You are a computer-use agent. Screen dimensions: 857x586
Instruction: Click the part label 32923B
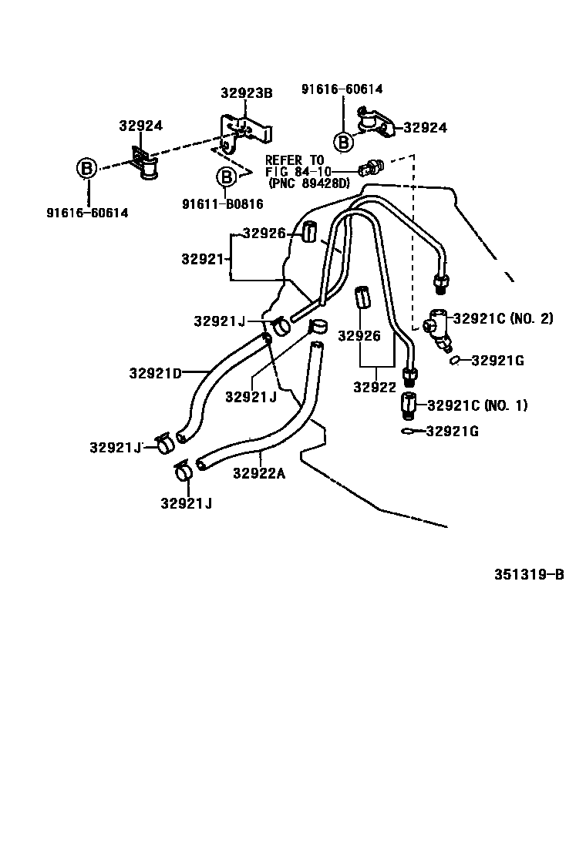click(x=247, y=93)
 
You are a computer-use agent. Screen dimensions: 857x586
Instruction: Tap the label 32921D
click(x=155, y=374)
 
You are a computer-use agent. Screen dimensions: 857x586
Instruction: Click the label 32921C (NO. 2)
click(x=503, y=318)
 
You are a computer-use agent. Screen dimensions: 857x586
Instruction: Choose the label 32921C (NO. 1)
click(x=477, y=405)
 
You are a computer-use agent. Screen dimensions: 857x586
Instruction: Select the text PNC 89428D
click(x=309, y=183)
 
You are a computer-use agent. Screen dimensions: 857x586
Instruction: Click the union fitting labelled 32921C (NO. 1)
click(x=409, y=405)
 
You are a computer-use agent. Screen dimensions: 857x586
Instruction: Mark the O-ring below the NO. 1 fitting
click(x=408, y=432)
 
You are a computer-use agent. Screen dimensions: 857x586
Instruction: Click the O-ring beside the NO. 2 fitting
click(x=456, y=359)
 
